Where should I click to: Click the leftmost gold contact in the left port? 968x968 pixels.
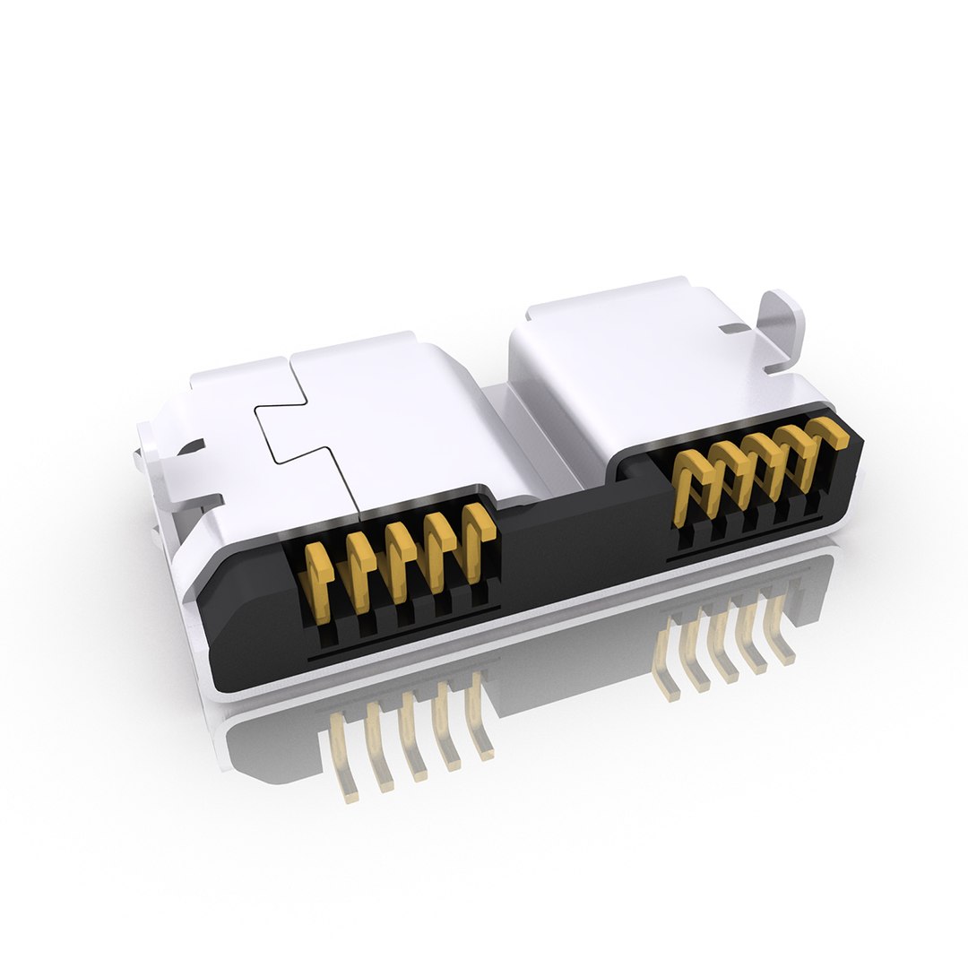click(317, 575)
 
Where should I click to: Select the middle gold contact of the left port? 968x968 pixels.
click(398, 561)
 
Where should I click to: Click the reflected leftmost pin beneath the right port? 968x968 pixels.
click(667, 663)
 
